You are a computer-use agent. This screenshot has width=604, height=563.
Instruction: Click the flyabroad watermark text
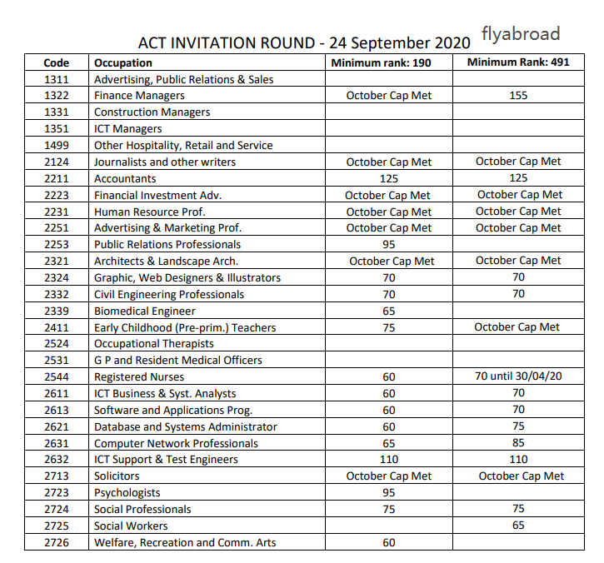tap(521, 34)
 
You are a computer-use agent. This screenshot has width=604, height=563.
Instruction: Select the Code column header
tap(57, 62)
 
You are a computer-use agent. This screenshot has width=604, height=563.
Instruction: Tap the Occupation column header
tap(123, 62)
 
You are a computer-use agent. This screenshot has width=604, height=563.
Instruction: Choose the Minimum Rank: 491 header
tap(518, 62)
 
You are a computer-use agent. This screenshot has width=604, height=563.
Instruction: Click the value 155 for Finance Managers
tap(518, 96)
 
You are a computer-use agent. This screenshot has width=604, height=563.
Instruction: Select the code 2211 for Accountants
tap(57, 178)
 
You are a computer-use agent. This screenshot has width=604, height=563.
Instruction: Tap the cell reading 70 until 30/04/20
tap(518, 376)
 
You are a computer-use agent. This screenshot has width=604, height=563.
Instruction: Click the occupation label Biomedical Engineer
tap(145, 311)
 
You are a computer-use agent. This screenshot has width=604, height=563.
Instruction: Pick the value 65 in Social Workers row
tap(518, 526)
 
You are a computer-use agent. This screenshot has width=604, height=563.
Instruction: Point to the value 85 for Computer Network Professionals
tap(518, 443)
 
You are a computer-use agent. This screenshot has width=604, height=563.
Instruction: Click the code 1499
tap(57, 145)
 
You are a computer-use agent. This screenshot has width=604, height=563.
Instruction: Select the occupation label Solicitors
tap(117, 476)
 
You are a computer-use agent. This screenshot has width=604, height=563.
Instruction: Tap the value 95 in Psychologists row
tap(389, 492)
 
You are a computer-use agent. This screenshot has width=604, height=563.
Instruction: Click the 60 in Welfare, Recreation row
tap(389, 542)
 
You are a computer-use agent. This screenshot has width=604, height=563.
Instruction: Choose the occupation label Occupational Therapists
tap(154, 343)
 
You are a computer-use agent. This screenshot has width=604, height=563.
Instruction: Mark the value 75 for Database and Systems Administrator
tap(518, 426)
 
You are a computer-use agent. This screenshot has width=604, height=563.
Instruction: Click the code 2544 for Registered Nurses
tap(57, 376)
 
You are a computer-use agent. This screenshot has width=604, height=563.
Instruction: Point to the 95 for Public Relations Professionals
tap(389, 244)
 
